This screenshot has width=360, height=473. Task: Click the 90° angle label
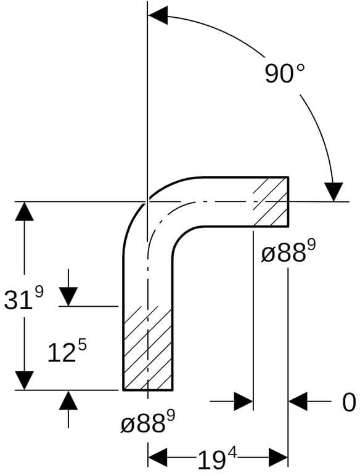(x=285, y=73)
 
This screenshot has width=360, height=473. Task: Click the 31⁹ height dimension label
(x=24, y=299)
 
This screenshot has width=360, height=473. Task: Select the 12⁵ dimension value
(x=67, y=352)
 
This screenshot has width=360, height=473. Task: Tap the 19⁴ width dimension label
(x=217, y=459)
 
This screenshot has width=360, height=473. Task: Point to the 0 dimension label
(x=349, y=403)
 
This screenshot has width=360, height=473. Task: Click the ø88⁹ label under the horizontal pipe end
(x=288, y=252)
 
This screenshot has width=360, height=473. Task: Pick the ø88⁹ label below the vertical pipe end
(x=148, y=422)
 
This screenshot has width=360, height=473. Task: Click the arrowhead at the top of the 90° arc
(x=158, y=15)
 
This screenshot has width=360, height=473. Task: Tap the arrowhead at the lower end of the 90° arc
(x=333, y=192)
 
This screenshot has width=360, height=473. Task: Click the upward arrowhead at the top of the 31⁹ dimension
(x=25, y=211)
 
